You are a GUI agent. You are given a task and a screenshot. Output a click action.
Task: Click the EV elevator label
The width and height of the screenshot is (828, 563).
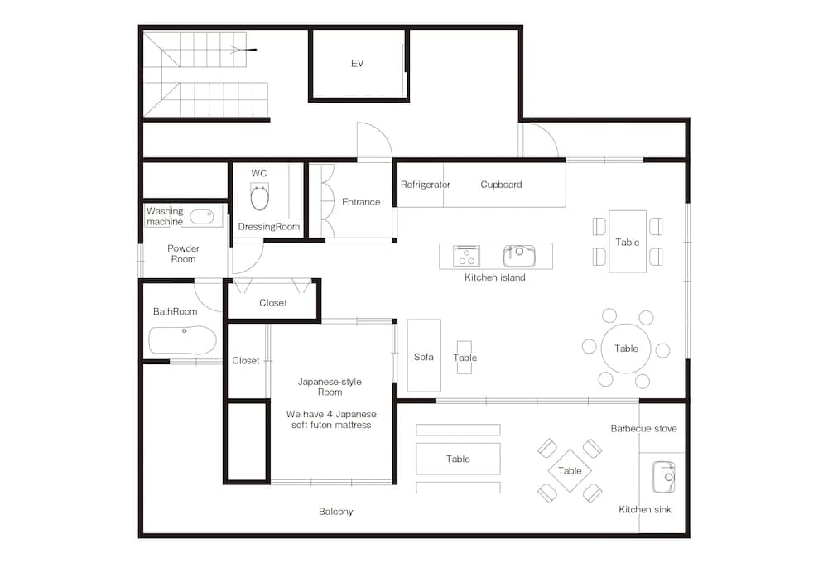pos(357,64)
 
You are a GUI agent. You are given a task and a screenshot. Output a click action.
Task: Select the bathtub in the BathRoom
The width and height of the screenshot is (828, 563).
pos(183,340)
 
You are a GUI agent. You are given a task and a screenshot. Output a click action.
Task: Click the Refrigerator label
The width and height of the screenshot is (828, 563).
pos(425,185)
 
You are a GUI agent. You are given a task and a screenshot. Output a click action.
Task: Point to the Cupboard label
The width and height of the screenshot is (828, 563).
pos(501,185)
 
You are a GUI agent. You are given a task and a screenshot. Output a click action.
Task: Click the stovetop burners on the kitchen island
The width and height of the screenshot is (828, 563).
pos(466,256)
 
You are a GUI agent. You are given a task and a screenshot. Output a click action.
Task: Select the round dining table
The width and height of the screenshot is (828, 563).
pos(626,349)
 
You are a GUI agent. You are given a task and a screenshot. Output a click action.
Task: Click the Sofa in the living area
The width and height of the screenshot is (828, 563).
pos(423,356)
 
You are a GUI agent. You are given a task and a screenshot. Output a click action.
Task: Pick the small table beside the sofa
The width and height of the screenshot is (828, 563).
pos(465,358)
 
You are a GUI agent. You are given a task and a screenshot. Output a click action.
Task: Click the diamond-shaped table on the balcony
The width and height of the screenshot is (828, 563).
pos(570,471)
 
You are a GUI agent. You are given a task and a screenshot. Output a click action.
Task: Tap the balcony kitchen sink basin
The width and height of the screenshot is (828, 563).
pos(663,477)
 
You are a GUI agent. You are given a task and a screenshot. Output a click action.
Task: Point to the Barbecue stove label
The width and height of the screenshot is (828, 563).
pos(643,429)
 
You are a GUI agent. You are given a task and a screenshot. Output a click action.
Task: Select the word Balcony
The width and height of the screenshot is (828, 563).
pos(335,512)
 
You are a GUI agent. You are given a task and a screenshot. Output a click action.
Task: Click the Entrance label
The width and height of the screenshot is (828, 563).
pos(361,202)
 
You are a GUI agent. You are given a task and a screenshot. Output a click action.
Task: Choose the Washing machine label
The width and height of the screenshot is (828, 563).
pos(165,216)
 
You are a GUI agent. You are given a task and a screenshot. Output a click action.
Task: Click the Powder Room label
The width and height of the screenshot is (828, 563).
pos(183,253)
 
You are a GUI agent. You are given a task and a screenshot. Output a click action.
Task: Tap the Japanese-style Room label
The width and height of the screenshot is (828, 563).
pos(330,387)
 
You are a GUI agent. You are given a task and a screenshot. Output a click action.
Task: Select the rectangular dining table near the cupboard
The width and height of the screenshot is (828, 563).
pos(627,242)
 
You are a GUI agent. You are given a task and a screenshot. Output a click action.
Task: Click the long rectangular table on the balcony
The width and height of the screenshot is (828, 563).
pos(458,459)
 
